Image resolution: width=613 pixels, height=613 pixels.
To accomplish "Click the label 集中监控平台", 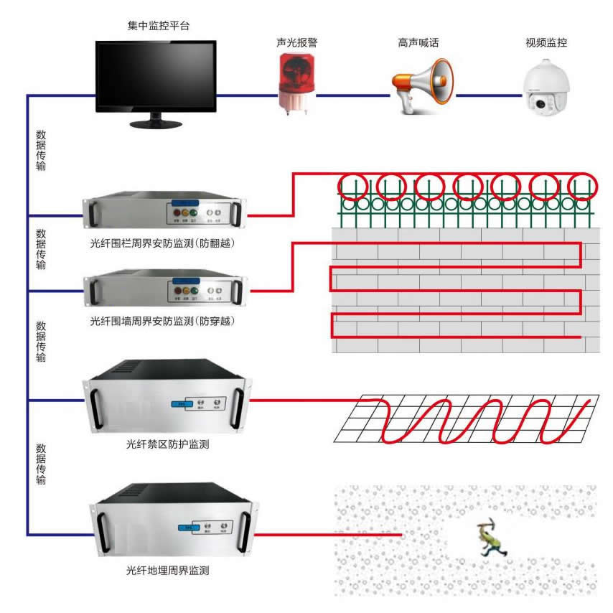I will coord(158,27).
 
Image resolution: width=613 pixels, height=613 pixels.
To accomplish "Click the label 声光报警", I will coord(296,43).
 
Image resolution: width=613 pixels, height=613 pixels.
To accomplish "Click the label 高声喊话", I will coord(418,43).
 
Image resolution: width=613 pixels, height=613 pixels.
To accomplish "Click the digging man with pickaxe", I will coord(492,539).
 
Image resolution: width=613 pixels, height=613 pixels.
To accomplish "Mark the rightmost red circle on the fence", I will coord(582,186).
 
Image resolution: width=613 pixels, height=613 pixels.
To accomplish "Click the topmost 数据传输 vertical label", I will coord(41,150).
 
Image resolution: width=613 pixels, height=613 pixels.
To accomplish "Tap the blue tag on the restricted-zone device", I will coord(178,404).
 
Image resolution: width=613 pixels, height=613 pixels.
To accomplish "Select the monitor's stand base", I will coord(156,123).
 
